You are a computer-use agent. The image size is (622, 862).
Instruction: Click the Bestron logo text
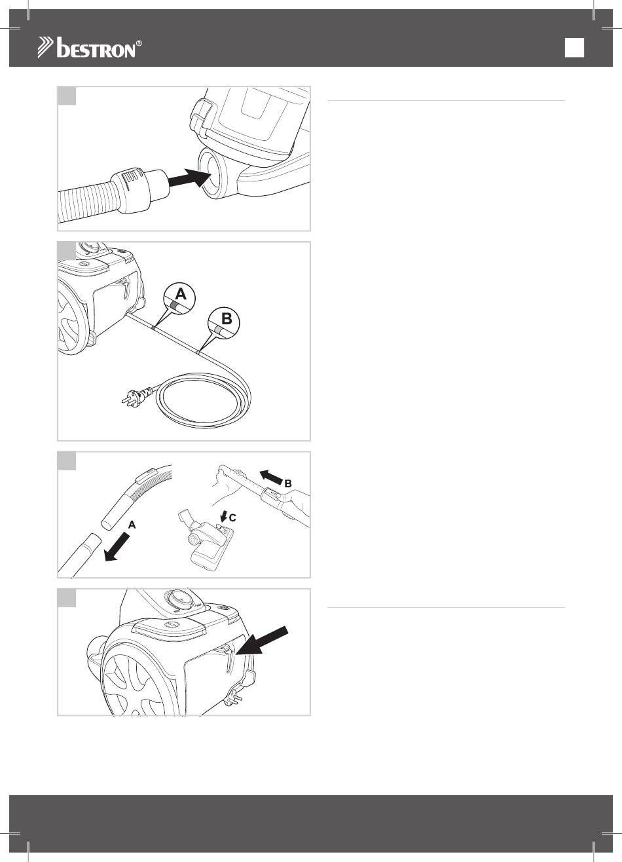(96, 48)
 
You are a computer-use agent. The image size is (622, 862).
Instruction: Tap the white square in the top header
(574, 48)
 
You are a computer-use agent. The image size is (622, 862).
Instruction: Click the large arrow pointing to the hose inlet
(190, 178)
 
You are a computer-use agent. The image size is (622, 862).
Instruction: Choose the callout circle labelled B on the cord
(224, 324)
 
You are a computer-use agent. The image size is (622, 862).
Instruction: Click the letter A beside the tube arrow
(132, 525)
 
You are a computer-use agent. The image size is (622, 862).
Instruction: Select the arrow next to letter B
(271, 477)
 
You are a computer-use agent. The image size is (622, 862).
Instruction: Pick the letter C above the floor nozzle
(232, 518)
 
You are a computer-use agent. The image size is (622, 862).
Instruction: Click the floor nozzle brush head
(206, 542)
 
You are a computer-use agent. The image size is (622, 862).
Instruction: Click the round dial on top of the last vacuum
(178, 599)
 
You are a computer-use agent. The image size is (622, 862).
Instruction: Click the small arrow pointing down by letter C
(223, 516)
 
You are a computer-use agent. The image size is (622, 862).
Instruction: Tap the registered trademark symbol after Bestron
(139, 43)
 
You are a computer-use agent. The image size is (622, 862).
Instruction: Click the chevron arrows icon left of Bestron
(46, 48)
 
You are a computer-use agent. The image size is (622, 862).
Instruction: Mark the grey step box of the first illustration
(67, 96)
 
